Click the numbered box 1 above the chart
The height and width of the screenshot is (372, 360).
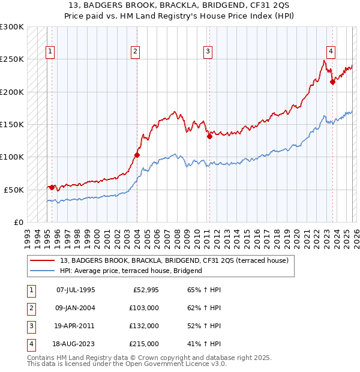coord(51,52)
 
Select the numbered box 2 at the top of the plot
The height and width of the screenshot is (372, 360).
coord(136,52)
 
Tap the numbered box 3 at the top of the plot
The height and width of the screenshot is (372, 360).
coord(208,52)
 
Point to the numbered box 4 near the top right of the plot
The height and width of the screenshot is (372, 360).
coord(331,52)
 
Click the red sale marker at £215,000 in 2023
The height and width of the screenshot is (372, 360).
coord(332,82)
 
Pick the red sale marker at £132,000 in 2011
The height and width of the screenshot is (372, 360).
coord(209,136)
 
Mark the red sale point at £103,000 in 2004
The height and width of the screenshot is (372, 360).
coord(137,155)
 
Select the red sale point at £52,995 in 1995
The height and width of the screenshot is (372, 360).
coord(52,187)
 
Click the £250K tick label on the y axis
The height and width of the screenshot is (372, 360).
coord(12,59)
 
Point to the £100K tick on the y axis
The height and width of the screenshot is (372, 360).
coord(12,157)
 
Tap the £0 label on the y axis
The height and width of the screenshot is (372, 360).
coord(17,222)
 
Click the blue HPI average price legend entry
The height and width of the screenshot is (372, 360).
coord(131,271)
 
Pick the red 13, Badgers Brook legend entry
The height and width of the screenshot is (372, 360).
coord(174,260)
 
